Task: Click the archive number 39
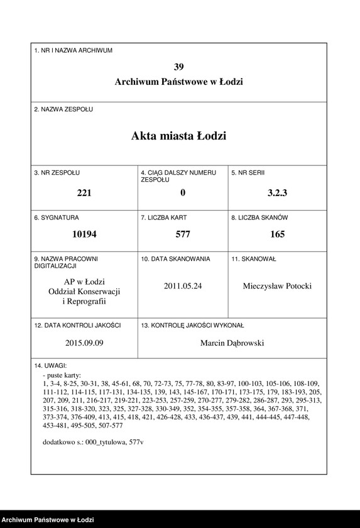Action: (x=179, y=67)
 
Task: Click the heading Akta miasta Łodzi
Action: (x=179, y=136)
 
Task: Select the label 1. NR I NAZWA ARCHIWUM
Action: (x=74, y=50)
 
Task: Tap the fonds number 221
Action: (x=84, y=193)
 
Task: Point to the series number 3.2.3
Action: (x=277, y=193)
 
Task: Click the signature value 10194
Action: (x=84, y=234)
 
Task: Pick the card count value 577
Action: (x=183, y=234)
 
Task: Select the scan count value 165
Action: (x=277, y=234)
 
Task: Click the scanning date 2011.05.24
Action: (x=183, y=286)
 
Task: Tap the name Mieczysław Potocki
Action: (x=277, y=286)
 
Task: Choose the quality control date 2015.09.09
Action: (x=84, y=343)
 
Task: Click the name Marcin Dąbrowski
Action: (x=232, y=343)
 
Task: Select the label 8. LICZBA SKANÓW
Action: (x=259, y=217)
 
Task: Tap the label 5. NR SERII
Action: (x=248, y=172)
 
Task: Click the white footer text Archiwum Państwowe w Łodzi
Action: (x=48, y=520)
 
